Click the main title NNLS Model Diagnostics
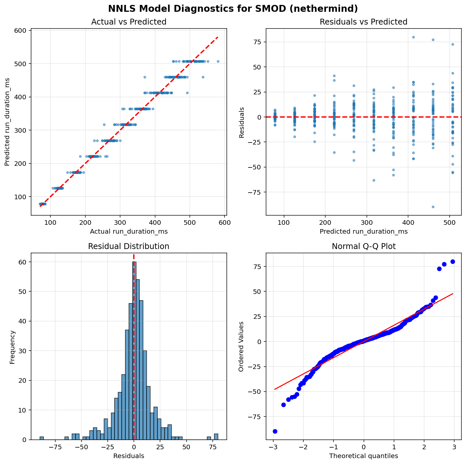tap(233, 9)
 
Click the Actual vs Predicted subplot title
tap(129, 22)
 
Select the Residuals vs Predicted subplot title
tap(363, 22)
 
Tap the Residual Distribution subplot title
tap(129, 246)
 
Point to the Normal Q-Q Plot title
tap(363, 246)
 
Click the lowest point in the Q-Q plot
tap(275, 431)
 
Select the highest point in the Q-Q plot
tap(453, 261)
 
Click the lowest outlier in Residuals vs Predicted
tap(433, 207)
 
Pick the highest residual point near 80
tap(413, 37)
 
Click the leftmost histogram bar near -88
tap(42, 438)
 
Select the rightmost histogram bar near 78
tap(216, 437)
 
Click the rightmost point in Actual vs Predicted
tap(218, 61)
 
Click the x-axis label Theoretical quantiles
tap(363, 456)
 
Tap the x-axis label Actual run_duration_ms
tap(129, 231)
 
